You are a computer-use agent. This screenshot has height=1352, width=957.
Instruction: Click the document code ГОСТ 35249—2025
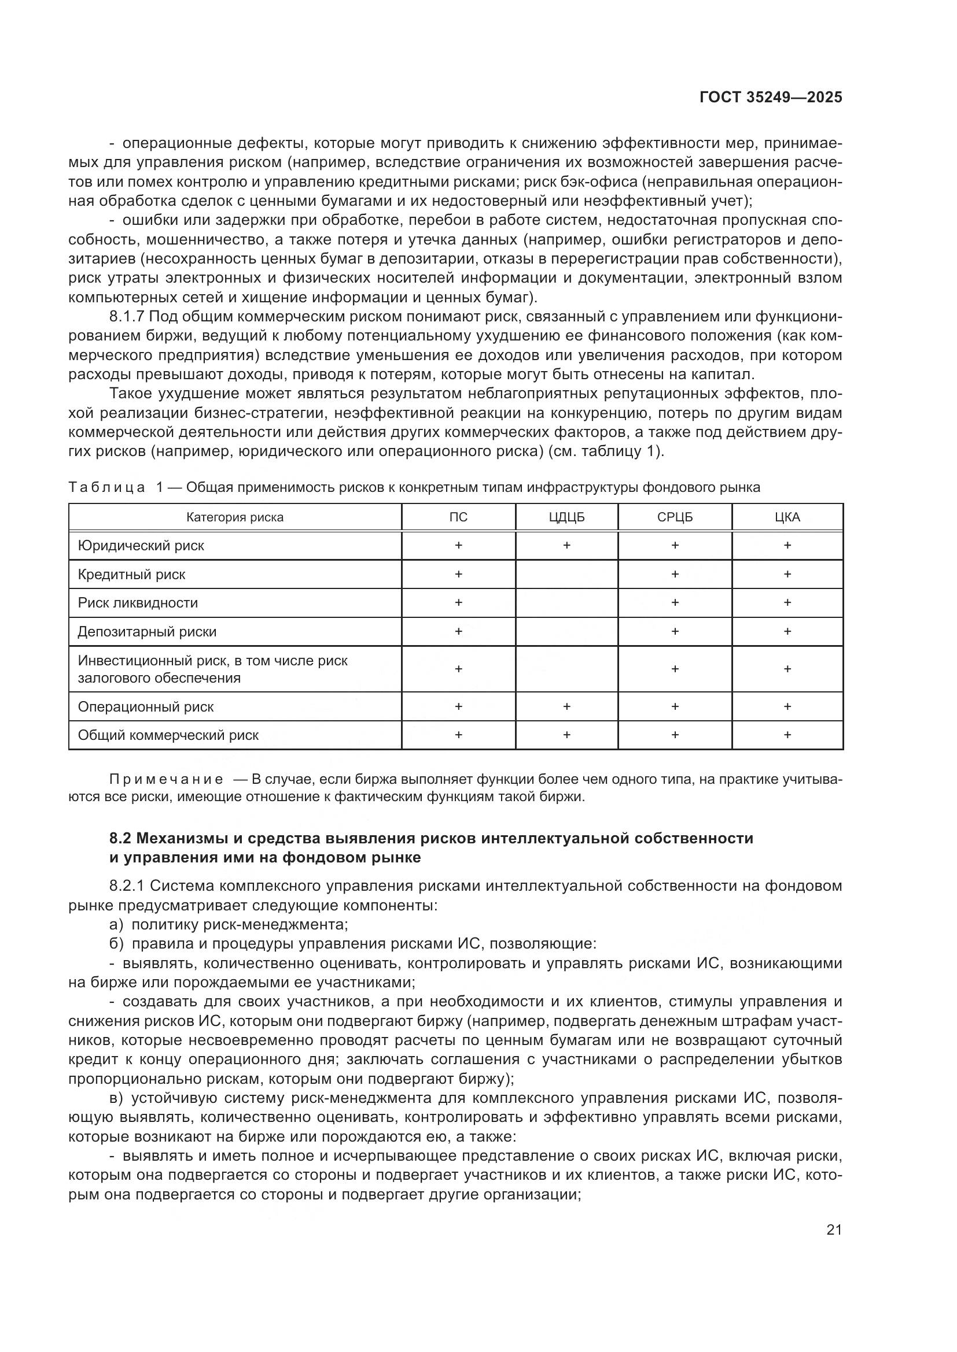(771, 97)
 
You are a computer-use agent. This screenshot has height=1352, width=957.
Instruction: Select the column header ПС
(458, 517)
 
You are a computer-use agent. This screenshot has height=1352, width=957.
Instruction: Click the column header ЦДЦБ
(566, 517)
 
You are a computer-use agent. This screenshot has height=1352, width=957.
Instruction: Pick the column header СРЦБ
(675, 517)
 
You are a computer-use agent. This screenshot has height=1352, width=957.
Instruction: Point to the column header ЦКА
(787, 517)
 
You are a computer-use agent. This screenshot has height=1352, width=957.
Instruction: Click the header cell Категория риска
(234, 517)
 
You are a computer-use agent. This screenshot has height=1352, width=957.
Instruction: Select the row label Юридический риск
(141, 546)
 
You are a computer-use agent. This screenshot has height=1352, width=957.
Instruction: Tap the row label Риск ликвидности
(138, 603)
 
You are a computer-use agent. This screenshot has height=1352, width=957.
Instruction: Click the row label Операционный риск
(146, 706)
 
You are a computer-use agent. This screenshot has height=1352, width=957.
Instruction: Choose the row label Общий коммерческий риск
(168, 735)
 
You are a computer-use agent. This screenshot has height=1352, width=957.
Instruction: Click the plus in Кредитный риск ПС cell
(458, 574)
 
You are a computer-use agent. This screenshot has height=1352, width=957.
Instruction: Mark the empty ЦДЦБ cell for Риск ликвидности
(566, 603)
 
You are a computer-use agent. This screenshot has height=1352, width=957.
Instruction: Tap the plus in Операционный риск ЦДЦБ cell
(566, 706)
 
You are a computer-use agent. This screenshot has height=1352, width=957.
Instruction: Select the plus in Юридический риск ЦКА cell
(787, 546)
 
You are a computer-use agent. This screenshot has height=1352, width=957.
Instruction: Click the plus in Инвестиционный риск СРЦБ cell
(675, 669)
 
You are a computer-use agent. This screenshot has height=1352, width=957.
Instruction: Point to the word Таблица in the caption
(106, 488)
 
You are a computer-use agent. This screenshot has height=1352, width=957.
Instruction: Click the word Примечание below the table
(166, 780)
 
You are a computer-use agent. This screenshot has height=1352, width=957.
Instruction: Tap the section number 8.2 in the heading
(122, 838)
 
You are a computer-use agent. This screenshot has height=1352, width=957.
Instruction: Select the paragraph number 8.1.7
(127, 317)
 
